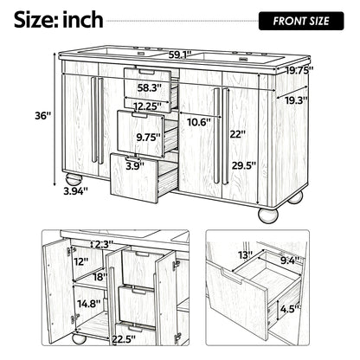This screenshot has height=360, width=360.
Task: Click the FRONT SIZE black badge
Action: pyautogui.click(x=301, y=21)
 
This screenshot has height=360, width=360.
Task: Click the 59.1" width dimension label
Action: pyautogui.click(x=180, y=55)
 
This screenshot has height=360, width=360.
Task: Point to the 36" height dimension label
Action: pyautogui.click(x=43, y=116)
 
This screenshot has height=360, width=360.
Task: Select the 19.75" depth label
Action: pyautogui.click(x=299, y=70)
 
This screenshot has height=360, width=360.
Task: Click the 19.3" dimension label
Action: pyautogui.click(x=297, y=100)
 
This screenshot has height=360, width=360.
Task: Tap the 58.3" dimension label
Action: pyautogui.click(x=149, y=87)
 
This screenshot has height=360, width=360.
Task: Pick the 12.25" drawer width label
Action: pyautogui.click(x=148, y=106)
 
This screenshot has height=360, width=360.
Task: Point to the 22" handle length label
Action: pyautogui.click(x=238, y=134)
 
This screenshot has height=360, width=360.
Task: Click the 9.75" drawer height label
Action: pyautogui.click(x=148, y=138)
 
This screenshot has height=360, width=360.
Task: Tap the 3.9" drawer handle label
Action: pyautogui.click(x=135, y=166)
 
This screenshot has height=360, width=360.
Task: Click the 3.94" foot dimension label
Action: pyautogui.click(x=75, y=190)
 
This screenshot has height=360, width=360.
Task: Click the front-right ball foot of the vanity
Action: pyautogui.click(x=268, y=215)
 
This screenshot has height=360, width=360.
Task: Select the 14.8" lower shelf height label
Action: pyautogui.click(x=89, y=304)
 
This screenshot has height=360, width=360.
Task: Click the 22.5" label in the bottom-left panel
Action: pyautogui.click(x=124, y=339)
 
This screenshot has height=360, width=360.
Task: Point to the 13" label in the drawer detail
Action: pyautogui.click(x=245, y=255)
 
